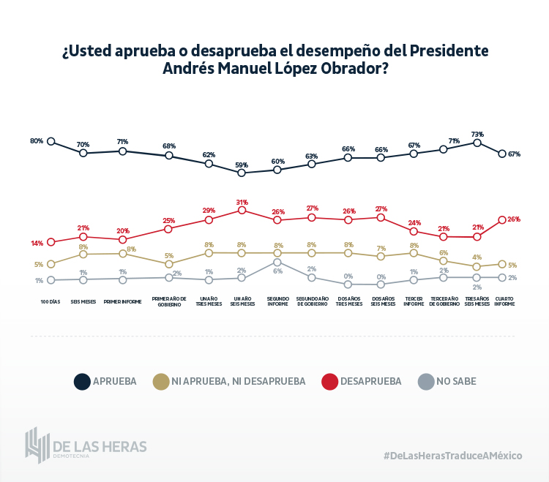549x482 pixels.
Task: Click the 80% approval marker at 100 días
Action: coord(51,141)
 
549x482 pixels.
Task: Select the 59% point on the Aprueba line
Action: coord(242,173)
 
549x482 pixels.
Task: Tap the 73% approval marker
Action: coord(477,143)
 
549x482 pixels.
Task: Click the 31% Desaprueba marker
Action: coord(242,210)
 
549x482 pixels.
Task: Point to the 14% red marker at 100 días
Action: coord(51,242)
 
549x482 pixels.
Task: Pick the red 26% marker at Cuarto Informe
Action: coord(502,219)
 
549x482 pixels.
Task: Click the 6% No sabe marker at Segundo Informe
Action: coord(277,262)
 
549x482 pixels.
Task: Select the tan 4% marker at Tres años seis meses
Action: coord(477,267)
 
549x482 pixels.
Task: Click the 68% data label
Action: coord(169,146)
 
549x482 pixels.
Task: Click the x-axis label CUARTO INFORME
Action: coord(504,301)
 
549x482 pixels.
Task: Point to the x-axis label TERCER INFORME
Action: coord(414,301)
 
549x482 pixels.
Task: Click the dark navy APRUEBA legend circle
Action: coord(82,381)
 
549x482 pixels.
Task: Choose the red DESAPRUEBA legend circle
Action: coord(329,381)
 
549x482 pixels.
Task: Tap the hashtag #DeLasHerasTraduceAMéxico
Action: coord(452,455)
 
